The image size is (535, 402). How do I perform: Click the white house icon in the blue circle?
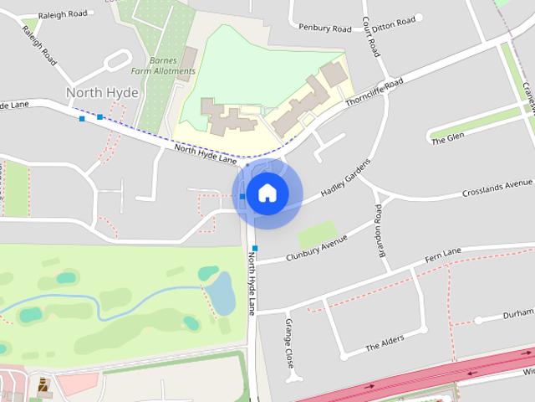point(267,193)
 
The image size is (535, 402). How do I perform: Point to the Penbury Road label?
point(324,28)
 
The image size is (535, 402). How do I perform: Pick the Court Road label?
point(371,35)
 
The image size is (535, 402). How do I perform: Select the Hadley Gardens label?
point(344,180)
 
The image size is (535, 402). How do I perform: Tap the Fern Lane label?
point(443,253)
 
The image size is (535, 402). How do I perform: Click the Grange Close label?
point(290,338)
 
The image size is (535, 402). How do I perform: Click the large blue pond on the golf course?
point(220,292)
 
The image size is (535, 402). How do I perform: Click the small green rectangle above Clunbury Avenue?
point(317,234)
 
